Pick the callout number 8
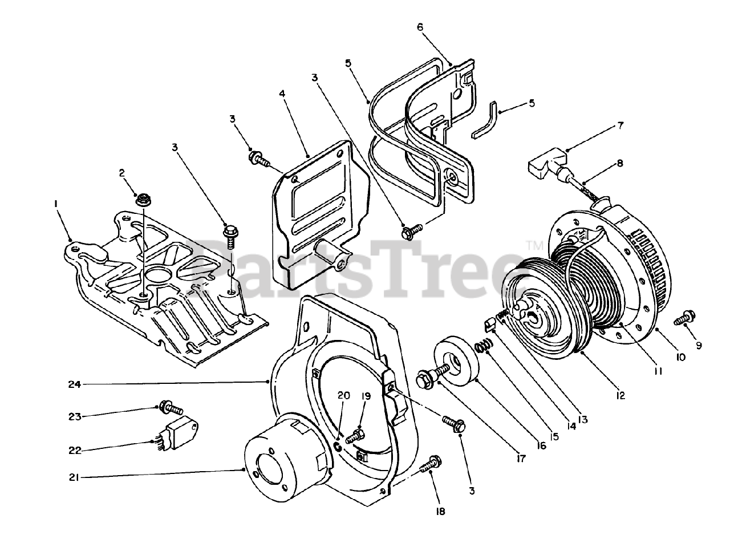[620, 163]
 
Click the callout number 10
[679, 357]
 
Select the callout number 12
[620, 395]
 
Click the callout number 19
[366, 395]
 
